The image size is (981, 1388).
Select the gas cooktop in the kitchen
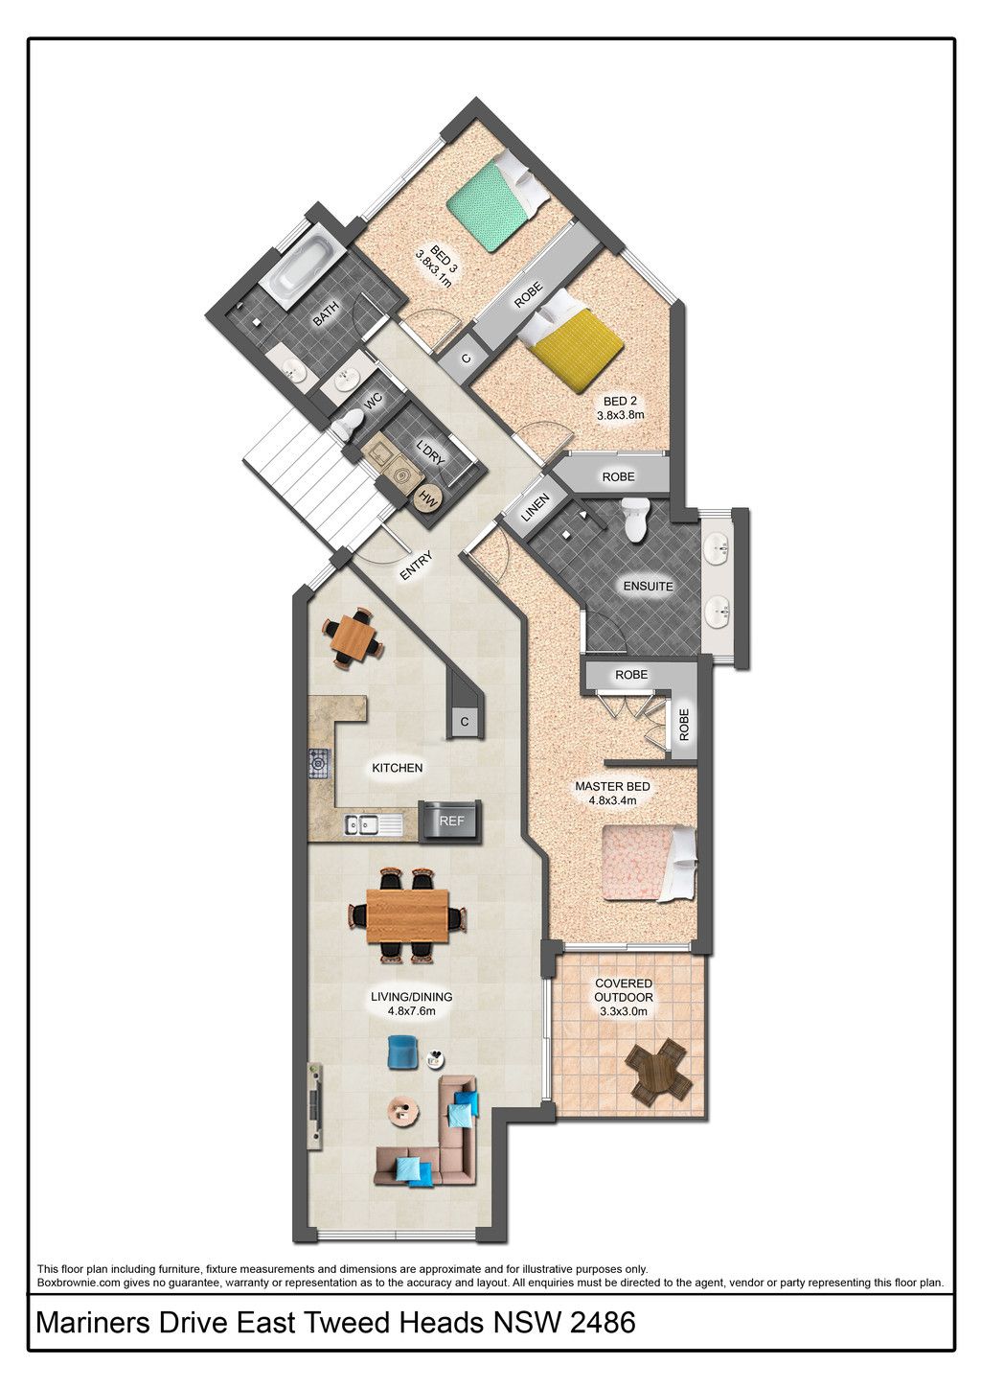point(320,763)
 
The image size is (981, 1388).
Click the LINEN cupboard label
point(535,507)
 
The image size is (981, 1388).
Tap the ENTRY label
point(416,566)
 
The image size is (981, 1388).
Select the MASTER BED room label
point(612,786)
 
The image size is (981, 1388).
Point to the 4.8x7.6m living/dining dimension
point(411,1011)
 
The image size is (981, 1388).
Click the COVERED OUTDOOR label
point(624,990)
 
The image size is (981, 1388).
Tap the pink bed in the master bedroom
point(649,863)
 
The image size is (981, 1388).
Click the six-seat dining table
point(407,915)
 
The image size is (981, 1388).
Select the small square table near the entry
point(352,637)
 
